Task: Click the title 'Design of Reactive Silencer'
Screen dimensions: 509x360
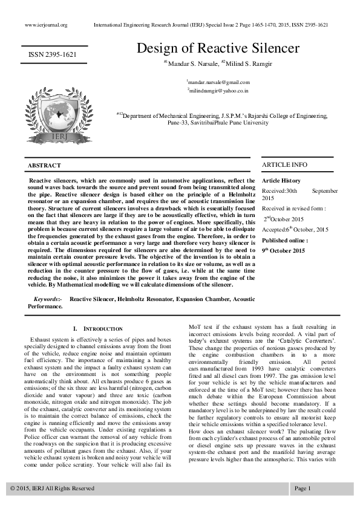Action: coord(218,48)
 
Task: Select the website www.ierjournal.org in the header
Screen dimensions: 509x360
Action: coord(46,25)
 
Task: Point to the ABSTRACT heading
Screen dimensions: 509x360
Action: coord(44,165)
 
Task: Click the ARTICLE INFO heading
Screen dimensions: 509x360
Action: coord(284,164)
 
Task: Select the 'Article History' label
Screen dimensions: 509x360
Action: coord(281,181)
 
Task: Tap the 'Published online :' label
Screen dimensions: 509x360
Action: coord(284,240)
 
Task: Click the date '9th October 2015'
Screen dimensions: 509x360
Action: coord(284,250)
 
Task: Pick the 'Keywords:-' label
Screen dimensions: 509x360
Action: coord(47,299)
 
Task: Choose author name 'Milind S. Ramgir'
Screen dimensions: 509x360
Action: coord(248,63)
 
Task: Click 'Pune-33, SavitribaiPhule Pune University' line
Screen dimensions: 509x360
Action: coord(218,122)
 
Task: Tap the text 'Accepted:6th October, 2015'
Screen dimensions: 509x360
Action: coord(295,230)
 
